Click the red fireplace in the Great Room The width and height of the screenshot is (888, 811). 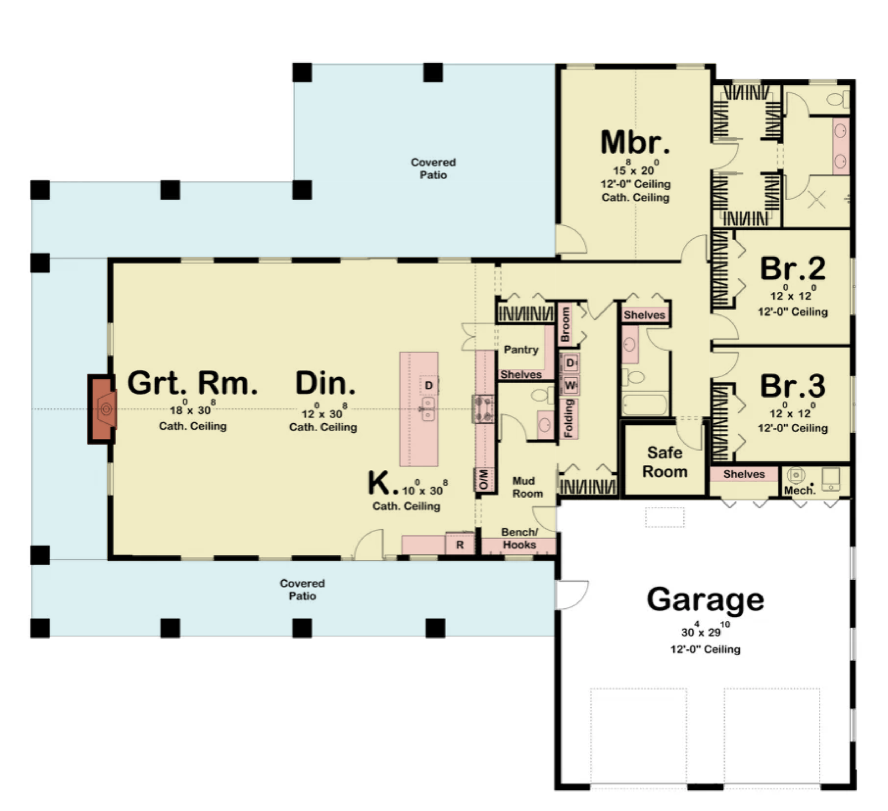coord(103,409)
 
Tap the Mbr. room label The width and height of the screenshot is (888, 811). coord(635,142)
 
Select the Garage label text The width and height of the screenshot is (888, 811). coord(705,600)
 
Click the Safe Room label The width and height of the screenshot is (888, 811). coord(664,462)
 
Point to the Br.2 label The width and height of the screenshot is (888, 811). coord(793,268)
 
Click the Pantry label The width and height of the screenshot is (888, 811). coord(521,349)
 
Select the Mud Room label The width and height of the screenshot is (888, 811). coord(527,487)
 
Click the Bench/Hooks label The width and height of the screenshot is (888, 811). coord(519,538)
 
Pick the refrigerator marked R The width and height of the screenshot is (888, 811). coord(460,545)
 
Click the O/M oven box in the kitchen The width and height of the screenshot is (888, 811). coord(483,479)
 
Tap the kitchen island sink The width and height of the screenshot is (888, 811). coord(428,409)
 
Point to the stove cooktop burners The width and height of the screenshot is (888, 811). coord(483,409)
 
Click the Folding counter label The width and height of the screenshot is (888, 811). coord(569,419)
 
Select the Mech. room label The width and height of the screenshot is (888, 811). coord(800,490)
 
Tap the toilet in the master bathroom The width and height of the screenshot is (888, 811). coord(838,99)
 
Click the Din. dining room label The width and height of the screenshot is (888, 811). coord(325,383)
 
